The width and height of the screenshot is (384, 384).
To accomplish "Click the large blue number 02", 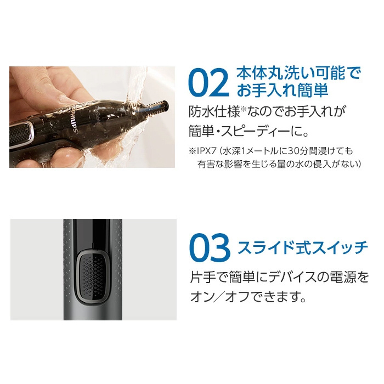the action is click(208, 83).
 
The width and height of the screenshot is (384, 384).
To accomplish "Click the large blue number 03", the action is click(210, 247).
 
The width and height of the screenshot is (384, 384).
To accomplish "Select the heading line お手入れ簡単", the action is click(282, 91).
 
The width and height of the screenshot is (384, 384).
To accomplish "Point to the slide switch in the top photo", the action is click(21, 134).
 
